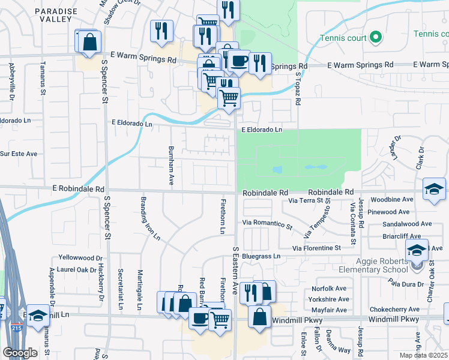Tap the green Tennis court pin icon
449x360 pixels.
[x=376, y=37]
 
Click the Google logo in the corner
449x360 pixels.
[x=20, y=353]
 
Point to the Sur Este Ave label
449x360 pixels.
[x=19, y=154]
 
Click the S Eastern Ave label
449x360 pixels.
[x=235, y=270]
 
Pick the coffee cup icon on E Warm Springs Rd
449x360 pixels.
[x=239, y=60]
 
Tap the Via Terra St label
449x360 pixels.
[x=310, y=200]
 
